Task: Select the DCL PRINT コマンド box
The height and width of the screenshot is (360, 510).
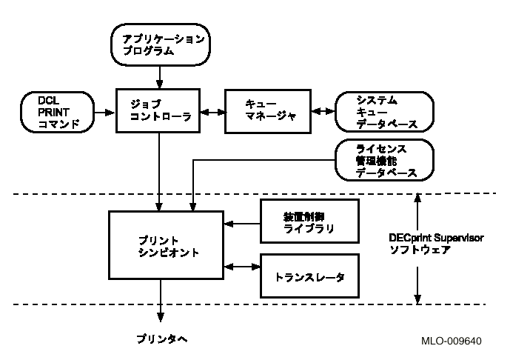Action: tap(58, 112)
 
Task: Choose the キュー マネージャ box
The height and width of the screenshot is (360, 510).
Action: tap(268, 112)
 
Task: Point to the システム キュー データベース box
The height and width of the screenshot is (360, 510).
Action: tap(383, 112)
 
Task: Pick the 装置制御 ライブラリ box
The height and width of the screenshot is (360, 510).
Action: tap(309, 221)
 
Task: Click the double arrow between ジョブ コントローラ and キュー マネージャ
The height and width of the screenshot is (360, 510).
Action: tap(212, 113)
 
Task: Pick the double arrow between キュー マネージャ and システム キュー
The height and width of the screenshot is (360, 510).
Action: tap(323, 113)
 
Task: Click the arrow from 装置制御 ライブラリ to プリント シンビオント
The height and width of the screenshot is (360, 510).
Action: tap(242, 221)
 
